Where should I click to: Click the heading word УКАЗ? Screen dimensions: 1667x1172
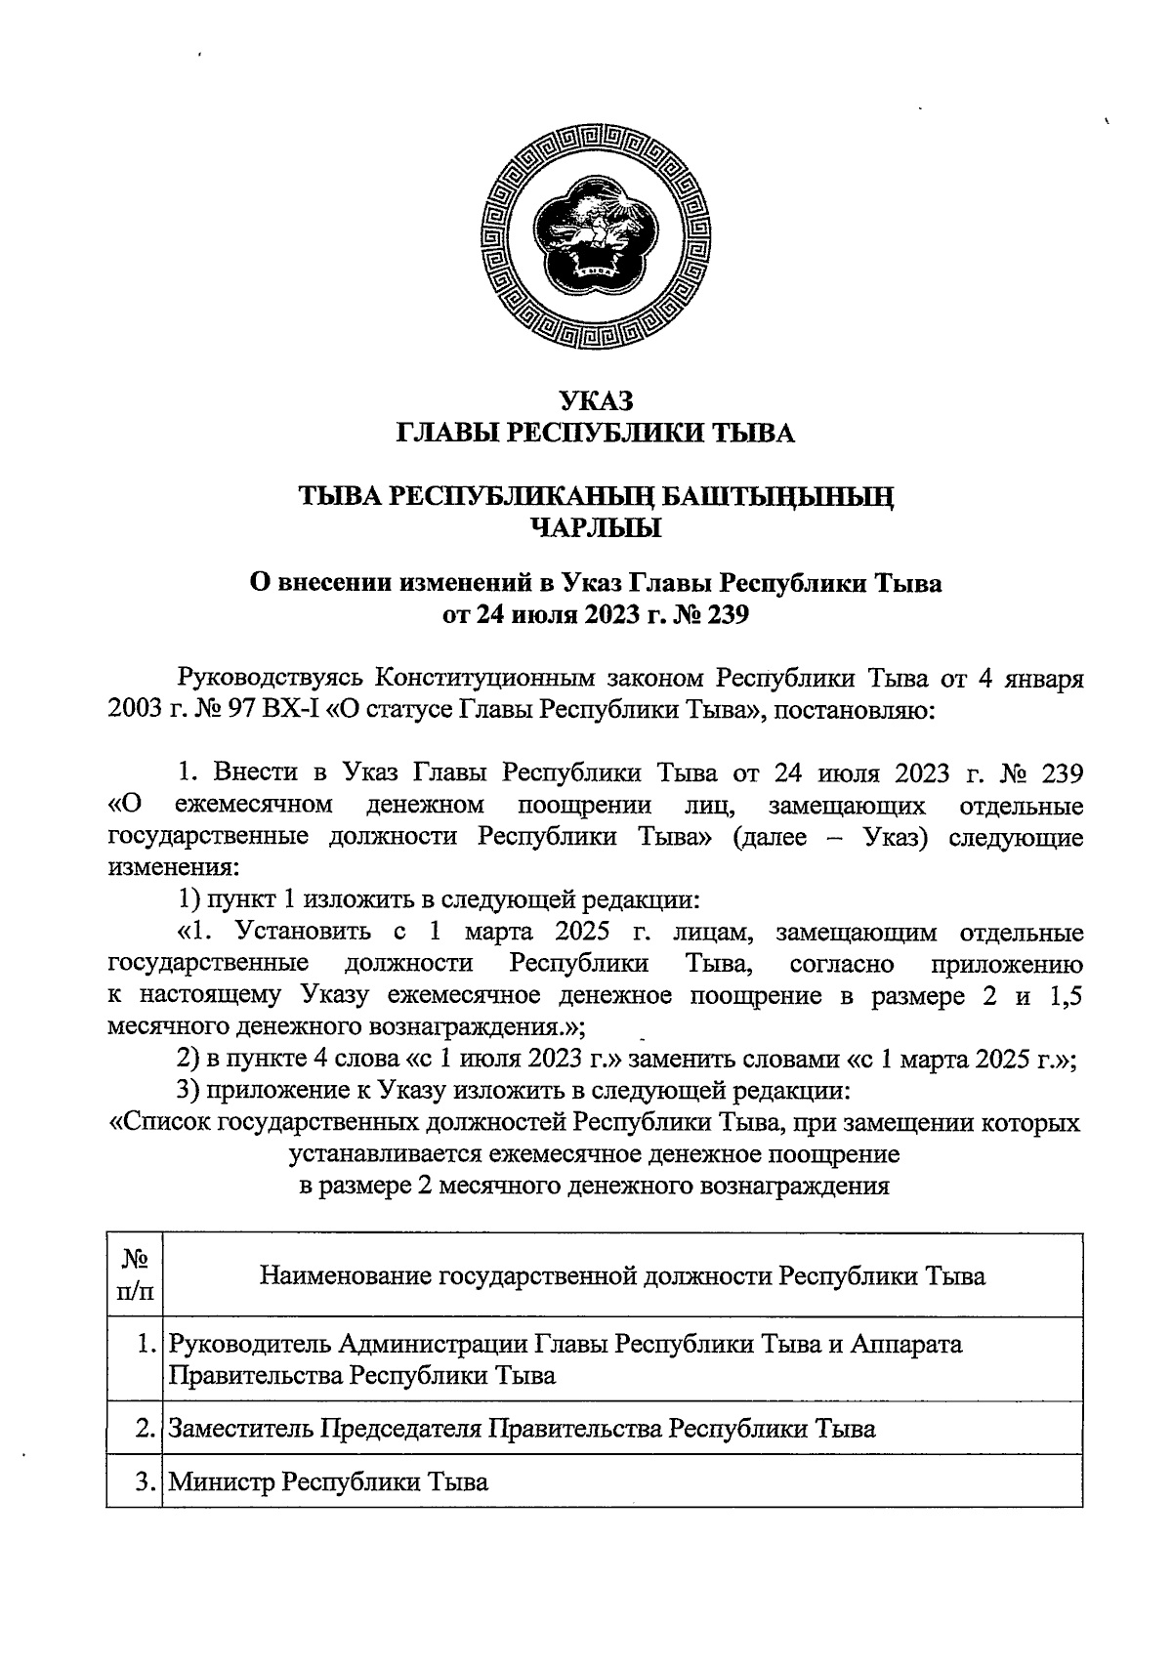click(596, 401)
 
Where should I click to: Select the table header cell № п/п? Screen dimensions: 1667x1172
click(135, 1276)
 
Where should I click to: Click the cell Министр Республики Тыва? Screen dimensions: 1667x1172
click(328, 1481)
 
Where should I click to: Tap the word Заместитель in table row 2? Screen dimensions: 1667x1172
click(241, 1429)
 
